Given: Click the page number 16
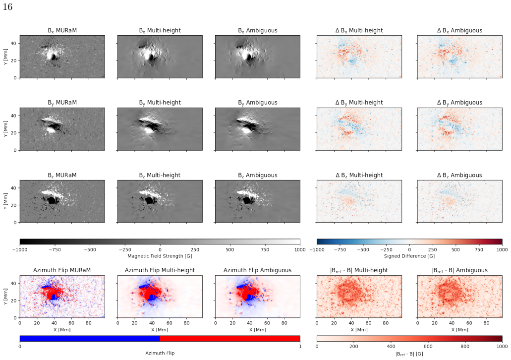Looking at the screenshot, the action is [7, 7].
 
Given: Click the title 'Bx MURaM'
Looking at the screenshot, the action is [62, 30].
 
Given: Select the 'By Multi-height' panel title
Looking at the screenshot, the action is [160, 102].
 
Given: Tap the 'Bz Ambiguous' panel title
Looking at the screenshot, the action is [257, 175].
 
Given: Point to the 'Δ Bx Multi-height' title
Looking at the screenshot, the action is [359, 30].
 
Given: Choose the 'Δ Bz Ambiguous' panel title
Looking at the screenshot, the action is [459, 175].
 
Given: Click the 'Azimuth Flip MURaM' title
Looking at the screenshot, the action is [62, 270].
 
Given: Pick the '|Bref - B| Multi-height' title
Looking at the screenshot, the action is [359, 270].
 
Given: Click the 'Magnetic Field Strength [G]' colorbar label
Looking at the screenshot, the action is [160, 256].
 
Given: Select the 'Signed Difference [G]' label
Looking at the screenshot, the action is [409, 256].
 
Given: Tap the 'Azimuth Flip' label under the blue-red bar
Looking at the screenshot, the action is [160, 353].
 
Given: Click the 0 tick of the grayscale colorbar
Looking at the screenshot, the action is [160, 249].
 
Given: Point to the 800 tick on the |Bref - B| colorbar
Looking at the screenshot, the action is [465, 346].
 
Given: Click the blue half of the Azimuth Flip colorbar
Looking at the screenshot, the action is [90, 339].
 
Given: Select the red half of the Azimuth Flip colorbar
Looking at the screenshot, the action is [230, 339].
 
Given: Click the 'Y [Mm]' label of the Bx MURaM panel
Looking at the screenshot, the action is [5, 57].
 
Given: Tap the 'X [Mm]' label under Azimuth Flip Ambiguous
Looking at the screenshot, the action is [257, 330].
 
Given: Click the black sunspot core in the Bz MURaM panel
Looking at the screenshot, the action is [52, 200].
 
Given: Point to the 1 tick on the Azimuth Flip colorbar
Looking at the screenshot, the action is [300, 346].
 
